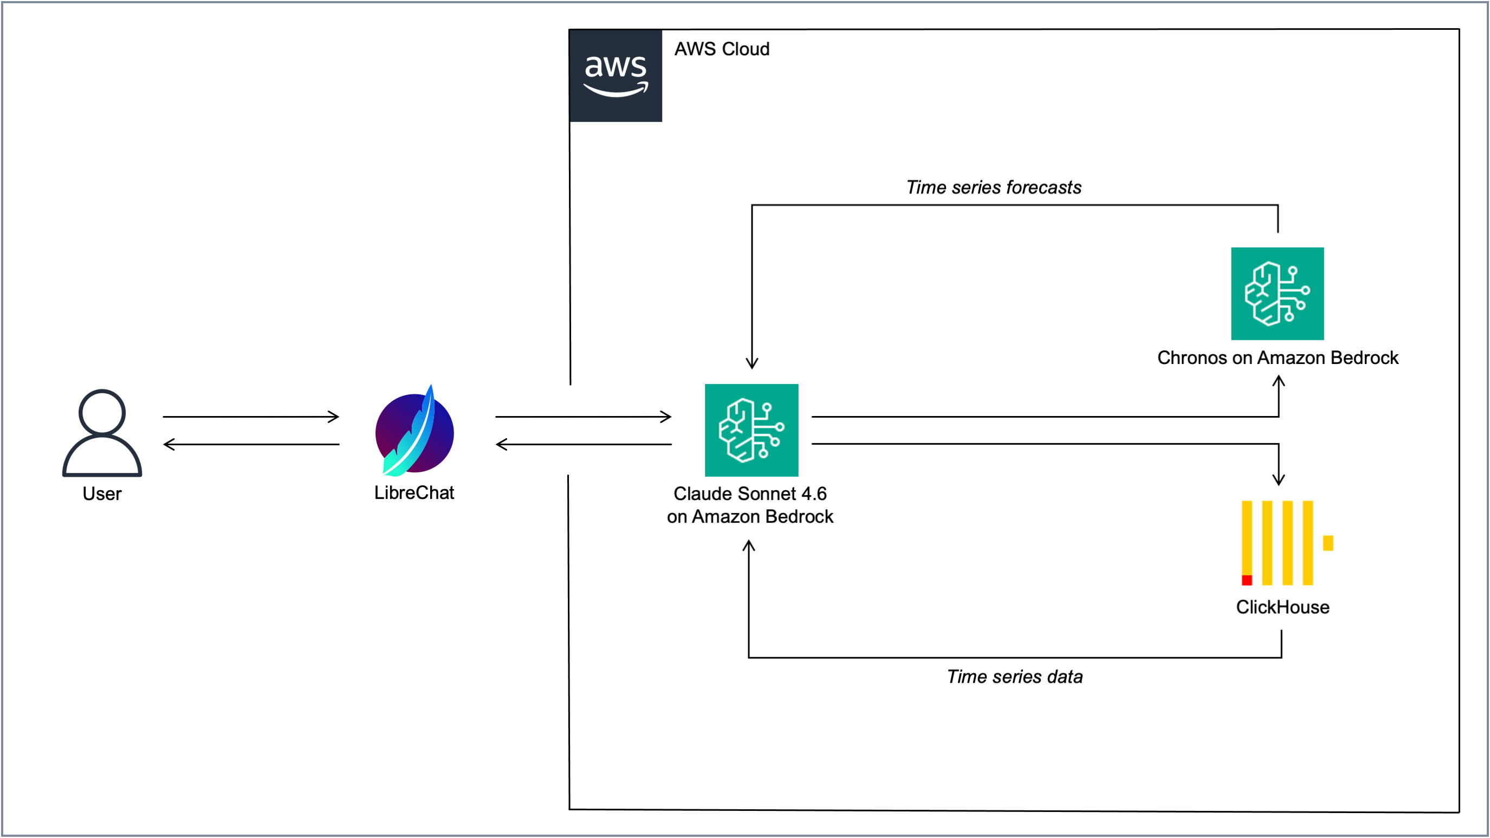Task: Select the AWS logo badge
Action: (x=616, y=76)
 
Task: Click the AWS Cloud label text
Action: (x=721, y=49)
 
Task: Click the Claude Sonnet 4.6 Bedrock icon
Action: (x=751, y=430)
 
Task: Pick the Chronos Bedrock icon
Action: (x=1277, y=294)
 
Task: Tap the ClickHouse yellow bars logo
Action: (x=1278, y=543)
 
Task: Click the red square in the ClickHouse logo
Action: (x=1247, y=580)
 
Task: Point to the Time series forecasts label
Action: (x=993, y=187)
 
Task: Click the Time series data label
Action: (x=1014, y=677)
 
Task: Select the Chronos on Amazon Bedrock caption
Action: (x=1277, y=358)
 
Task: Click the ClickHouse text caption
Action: (x=1282, y=607)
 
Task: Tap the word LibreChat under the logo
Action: (x=413, y=493)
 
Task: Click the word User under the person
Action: (x=102, y=494)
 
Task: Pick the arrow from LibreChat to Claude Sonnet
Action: (x=582, y=417)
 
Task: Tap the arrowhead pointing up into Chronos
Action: (x=1278, y=382)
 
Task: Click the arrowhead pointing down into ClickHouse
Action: (x=1278, y=479)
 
